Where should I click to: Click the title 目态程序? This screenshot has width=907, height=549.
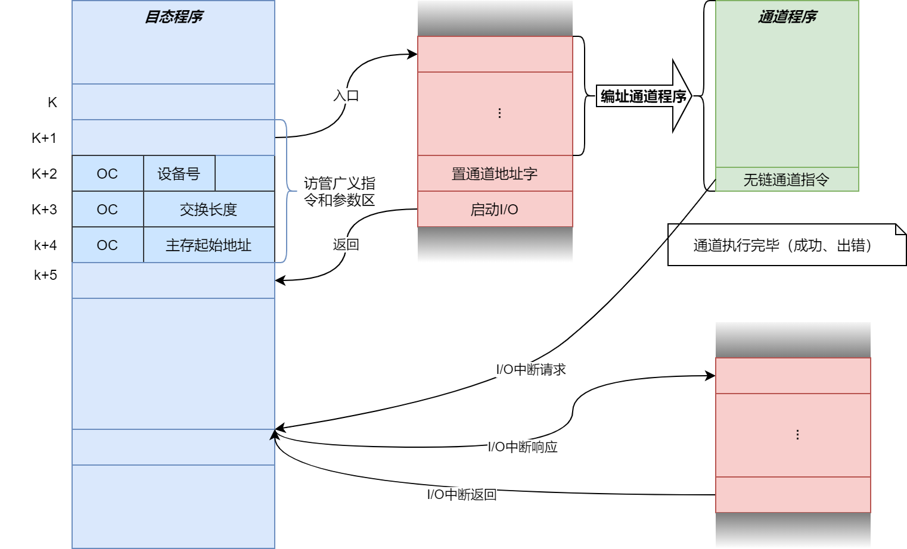click(173, 17)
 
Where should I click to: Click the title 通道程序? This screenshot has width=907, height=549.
click(787, 17)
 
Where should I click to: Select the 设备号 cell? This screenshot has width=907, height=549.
click(179, 174)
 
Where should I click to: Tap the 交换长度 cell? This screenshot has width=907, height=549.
click(209, 210)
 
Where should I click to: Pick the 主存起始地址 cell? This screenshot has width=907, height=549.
click(209, 245)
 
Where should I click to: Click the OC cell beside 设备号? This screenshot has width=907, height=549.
click(107, 174)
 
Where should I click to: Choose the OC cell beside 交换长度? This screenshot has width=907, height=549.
click(107, 210)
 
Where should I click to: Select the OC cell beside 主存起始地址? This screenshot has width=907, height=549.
click(107, 245)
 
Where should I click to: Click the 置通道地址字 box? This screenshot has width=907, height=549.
click(495, 174)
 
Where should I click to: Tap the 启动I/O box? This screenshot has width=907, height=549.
click(495, 210)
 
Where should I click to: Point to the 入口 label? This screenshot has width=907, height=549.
click(346, 96)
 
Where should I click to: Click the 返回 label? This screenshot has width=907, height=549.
click(346, 245)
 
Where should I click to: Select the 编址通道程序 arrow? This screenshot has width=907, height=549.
click(644, 96)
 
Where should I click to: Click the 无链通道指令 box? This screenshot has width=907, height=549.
click(787, 180)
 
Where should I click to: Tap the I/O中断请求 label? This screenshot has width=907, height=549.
click(530, 370)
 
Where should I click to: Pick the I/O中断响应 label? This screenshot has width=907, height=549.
click(523, 447)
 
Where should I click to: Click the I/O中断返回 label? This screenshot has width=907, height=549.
click(462, 495)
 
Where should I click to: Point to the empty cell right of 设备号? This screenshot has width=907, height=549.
click(245, 174)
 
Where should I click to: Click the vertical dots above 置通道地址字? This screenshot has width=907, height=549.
click(499, 113)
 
